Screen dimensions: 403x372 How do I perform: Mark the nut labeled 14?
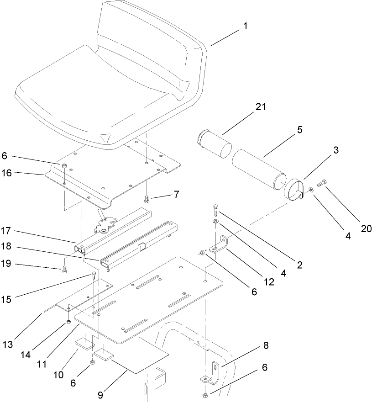tap(68, 322)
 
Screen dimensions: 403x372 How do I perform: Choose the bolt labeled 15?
tap(94, 276)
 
